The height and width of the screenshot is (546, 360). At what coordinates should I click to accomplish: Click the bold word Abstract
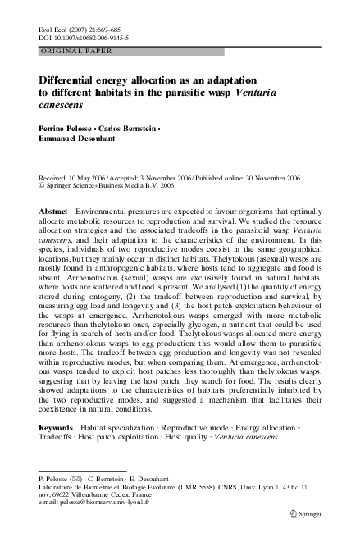(x=54, y=212)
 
